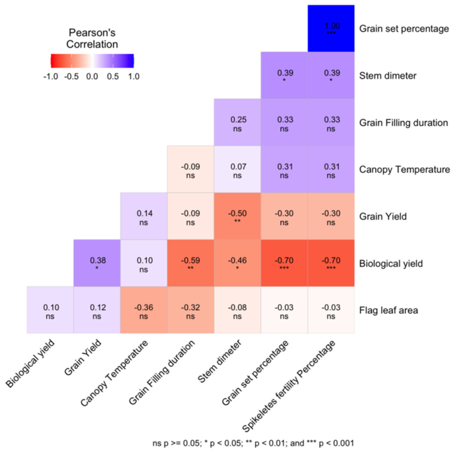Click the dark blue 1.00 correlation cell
click(331, 28)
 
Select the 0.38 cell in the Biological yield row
click(97, 263)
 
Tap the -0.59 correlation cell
click(190, 263)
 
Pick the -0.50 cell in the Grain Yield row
click(237, 216)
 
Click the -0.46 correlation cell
click(237, 263)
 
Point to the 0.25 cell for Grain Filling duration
click(237, 123)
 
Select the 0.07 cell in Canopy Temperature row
click(237, 169)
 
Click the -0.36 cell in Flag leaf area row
click(144, 310)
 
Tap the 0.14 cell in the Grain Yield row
click(144, 216)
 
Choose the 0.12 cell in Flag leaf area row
click(97, 310)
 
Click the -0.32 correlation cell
click(190, 310)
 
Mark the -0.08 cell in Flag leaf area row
click(237, 310)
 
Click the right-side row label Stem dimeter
click(388, 76)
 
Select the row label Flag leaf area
click(388, 310)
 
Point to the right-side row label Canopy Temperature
click(404, 169)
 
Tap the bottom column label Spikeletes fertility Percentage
click(288, 387)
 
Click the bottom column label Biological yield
click(30, 363)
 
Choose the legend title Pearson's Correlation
click(92, 38)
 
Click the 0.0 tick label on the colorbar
click(92, 76)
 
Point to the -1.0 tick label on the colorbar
click(51, 76)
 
